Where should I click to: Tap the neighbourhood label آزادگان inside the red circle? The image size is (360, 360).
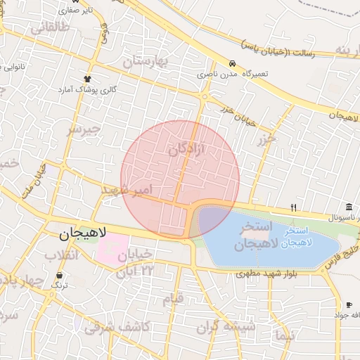point(186,149)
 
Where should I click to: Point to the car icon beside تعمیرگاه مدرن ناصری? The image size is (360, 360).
point(233,62)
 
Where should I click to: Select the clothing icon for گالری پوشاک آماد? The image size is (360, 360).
point(88,79)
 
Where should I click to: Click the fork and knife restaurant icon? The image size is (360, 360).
point(294,207)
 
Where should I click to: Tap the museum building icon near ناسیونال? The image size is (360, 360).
point(349,205)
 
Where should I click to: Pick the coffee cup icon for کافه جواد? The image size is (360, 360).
point(349,304)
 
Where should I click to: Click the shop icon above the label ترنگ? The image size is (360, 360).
point(60,274)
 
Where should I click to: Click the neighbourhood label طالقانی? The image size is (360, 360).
point(49,29)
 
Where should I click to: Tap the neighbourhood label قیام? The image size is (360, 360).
point(172,299)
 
